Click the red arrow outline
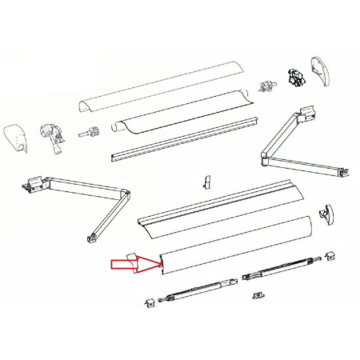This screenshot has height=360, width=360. point(123,263)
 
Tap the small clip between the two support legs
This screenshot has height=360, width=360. point(258,294)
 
